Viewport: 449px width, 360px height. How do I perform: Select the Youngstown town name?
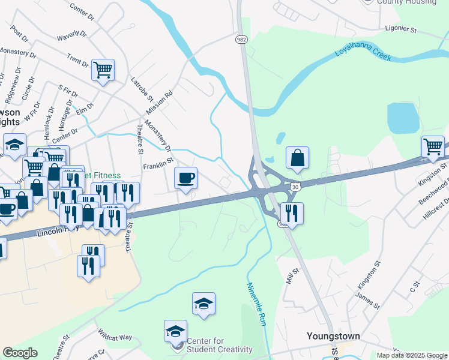pos(333,336)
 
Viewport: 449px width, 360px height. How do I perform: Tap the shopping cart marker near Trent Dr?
pos(103,70)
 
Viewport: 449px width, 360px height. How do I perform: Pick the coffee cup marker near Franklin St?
pos(186,178)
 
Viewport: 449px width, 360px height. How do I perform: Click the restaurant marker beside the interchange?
pos(292,213)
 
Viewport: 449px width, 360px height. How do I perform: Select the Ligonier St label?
pos(400,28)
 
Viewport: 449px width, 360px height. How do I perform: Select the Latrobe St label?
pos(143,88)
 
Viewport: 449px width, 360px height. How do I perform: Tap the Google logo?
pos(20,353)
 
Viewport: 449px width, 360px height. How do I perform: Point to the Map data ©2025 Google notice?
pos(411,355)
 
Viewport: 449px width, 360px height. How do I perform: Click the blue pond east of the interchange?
pos(403,118)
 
